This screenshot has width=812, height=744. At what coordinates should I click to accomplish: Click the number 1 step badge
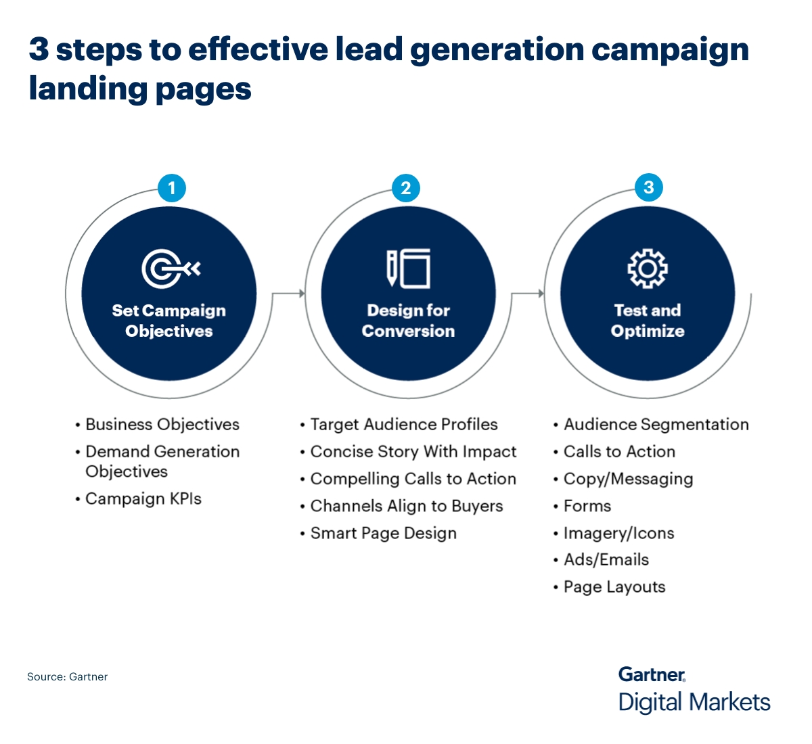[x=172, y=187]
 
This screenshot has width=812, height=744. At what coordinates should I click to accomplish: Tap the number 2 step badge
[x=406, y=187]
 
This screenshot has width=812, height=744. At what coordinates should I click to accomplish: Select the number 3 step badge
[x=648, y=187]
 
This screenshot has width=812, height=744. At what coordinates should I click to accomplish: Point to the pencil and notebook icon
[x=408, y=269]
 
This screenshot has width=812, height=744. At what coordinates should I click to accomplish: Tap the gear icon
[x=648, y=269]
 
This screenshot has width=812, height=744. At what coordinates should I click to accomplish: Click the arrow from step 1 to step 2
[x=289, y=294]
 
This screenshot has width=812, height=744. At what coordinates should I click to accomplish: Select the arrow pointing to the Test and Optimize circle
[x=528, y=294]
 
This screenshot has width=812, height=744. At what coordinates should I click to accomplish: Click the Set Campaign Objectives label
[x=169, y=321]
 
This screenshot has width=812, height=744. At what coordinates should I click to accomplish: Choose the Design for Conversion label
[x=408, y=321]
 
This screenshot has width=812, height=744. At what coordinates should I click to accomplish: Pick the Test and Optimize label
[x=648, y=321]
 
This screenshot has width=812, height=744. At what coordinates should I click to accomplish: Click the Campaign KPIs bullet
[x=143, y=499]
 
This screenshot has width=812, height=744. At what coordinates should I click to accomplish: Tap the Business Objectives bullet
[x=162, y=425]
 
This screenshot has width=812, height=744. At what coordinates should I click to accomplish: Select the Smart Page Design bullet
[x=383, y=534]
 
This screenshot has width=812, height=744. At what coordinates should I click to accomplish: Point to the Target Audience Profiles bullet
[x=403, y=425]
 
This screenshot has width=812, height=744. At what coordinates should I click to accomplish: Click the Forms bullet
[x=587, y=506]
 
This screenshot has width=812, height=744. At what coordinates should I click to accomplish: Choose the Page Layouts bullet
[x=614, y=587]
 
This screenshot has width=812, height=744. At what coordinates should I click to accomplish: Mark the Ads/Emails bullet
[x=606, y=560]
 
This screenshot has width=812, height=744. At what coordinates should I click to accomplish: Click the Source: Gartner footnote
[x=68, y=676]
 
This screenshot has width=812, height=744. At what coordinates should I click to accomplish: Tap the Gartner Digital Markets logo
[x=694, y=690]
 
